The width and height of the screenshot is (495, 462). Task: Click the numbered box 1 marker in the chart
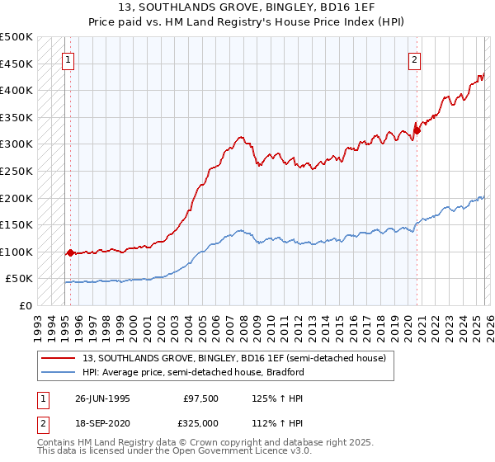pos(68,59)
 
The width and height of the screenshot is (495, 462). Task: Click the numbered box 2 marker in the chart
pos(413,59)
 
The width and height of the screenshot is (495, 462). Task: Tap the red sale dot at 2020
pos(417,130)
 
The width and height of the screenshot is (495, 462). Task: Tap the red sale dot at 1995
pos(70,252)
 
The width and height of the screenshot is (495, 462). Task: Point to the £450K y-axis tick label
pos(16,64)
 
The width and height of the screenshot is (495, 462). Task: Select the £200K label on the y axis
pos(16,198)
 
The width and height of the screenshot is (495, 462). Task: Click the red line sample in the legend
pos(59,358)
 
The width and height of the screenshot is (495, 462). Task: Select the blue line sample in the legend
pos(59,372)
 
